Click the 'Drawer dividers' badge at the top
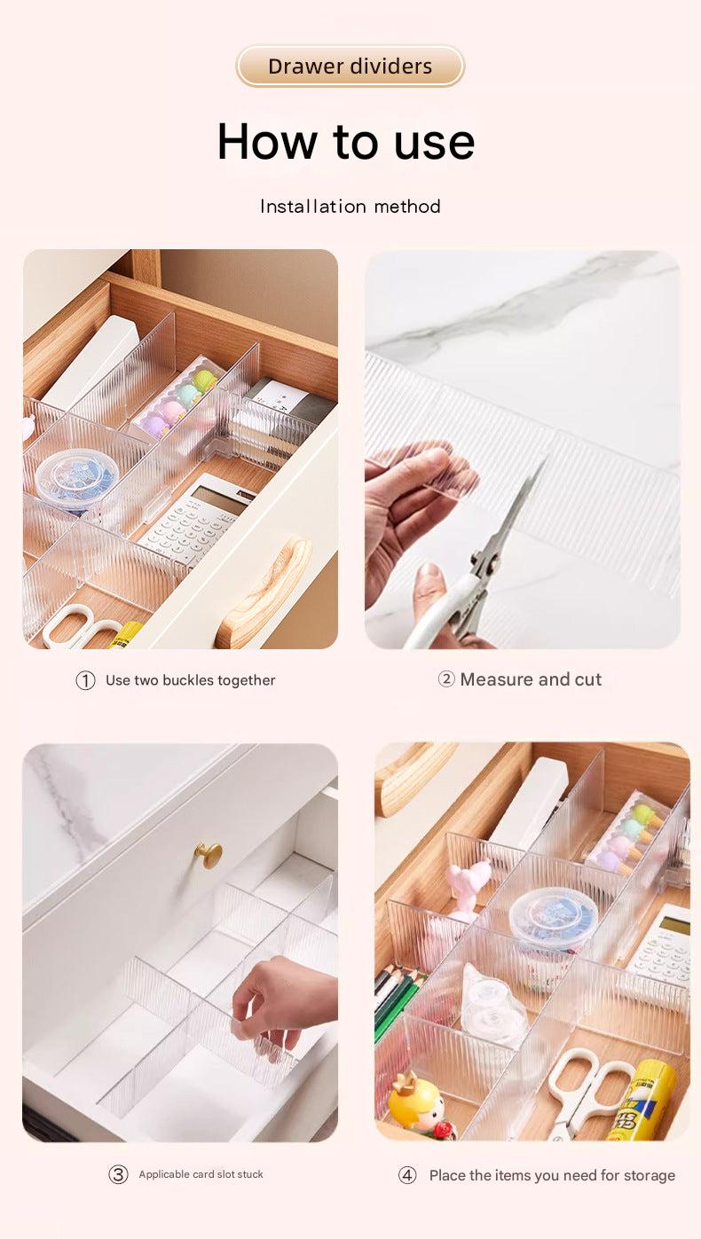pyautogui.click(x=350, y=67)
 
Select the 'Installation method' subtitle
pyautogui.click(x=350, y=207)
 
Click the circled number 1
pyautogui.click(x=85, y=680)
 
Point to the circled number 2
pyautogui.click(x=446, y=679)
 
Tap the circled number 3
pyautogui.click(x=118, y=1174)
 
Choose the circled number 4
pyautogui.click(x=407, y=1175)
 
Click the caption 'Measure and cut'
pyautogui.click(x=531, y=679)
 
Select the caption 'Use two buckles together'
pyautogui.click(x=190, y=680)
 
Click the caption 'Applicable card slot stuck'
pyautogui.click(x=201, y=1174)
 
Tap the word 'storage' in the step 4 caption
pyautogui.click(x=649, y=1175)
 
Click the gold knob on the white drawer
pyautogui.click(x=209, y=855)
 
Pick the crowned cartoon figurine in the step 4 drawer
pyautogui.click(x=415, y=1103)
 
